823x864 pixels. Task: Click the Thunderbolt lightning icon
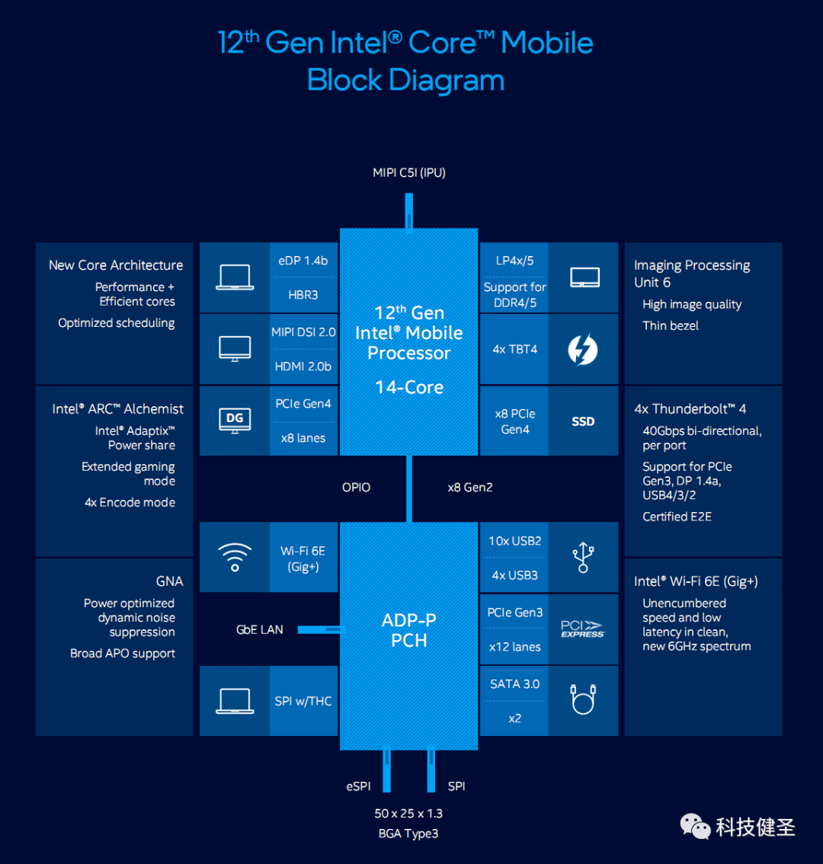pyautogui.click(x=583, y=350)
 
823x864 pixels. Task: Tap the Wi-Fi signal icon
pyautogui.click(x=235, y=557)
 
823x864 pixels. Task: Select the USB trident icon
pyautogui.click(x=583, y=557)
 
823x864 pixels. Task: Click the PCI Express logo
pyautogui.click(x=583, y=629)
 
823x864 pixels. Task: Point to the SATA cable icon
pyautogui.click(x=583, y=699)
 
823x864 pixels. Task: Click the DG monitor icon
pyautogui.click(x=235, y=421)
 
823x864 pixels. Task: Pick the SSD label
pyautogui.click(x=583, y=421)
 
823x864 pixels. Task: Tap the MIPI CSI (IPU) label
pyautogui.click(x=409, y=173)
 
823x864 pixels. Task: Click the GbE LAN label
pyautogui.click(x=260, y=629)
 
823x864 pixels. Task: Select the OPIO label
pyautogui.click(x=356, y=487)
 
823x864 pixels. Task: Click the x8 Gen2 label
pyautogui.click(x=470, y=487)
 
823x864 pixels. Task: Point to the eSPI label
pyautogui.click(x=358, y=786)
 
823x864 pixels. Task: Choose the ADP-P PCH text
pyautogui.click(x=409, y=630)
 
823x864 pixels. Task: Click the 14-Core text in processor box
pyautogui.click(x=409, y=387)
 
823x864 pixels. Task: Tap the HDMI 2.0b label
pyautogui.click(x=303, y=366)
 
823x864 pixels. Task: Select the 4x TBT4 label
pyautogui.click(x=515, y=350)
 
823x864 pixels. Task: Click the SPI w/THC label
pyautogui.click(x=303, y=701)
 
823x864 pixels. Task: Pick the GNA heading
pyautogui.click(x=169, y=581)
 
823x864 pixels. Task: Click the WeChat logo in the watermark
pyautogui.click(x=695, y=826)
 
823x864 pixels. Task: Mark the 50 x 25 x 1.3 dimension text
pyautogui.click(x=408, y=813)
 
